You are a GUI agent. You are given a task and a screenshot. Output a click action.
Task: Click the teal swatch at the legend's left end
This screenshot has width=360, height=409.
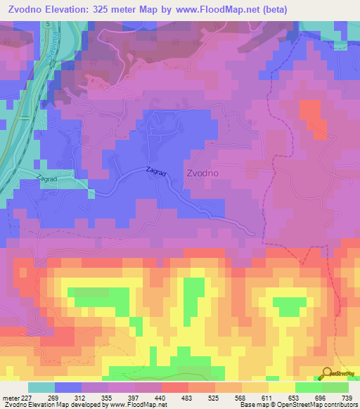(x=41, y=387)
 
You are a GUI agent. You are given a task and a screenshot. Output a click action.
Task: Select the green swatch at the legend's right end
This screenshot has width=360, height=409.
(x=335, y=387)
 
